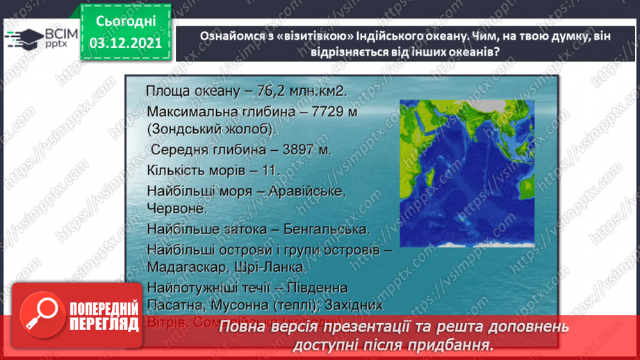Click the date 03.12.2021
point(126,43)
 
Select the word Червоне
point(176,208)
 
